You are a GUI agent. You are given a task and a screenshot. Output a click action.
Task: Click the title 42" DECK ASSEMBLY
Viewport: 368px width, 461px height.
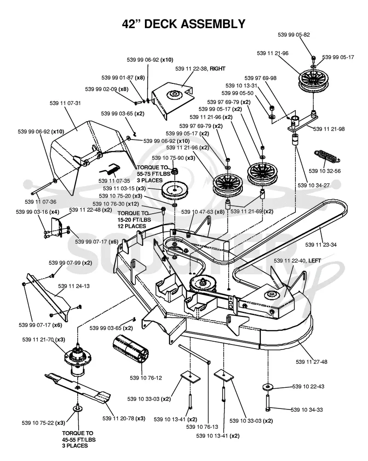[x=184, y=23]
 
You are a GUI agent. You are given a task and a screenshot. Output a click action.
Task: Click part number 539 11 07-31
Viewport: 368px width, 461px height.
[x=65, y=103]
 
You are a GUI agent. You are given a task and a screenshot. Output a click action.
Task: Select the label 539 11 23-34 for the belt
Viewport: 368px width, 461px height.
[x=321, y=245]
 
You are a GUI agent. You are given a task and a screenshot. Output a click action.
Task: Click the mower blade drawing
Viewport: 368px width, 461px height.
[x=78, y=388]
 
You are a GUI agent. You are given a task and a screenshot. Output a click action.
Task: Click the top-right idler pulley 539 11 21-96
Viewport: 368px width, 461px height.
[x=313, y=81]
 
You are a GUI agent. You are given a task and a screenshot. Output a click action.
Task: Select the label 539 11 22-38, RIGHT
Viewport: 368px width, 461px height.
[x=200, y=69]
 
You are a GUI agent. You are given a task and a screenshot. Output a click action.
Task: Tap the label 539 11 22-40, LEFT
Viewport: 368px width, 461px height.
[x=297, y=261]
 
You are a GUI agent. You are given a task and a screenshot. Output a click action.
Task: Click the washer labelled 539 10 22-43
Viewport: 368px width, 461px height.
[x=268, y=387]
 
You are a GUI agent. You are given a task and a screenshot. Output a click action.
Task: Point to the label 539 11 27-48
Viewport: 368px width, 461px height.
[x=311, y=362]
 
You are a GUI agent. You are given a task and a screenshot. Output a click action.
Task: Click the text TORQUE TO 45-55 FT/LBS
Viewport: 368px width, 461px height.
[x=79, y=437]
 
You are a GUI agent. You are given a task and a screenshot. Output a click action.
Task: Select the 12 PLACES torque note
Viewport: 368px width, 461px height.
[x=132, y=226]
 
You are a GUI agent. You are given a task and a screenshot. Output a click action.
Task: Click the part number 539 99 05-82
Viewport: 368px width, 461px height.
[x=293, y=35]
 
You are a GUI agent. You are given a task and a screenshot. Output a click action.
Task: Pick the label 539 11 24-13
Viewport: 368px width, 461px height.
[x=74, y=286]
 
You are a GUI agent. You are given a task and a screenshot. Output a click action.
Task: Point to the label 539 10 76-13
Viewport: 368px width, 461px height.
[x=202, y=426]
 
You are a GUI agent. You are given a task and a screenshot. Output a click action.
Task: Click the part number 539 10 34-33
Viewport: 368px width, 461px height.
[x=307, y=410]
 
